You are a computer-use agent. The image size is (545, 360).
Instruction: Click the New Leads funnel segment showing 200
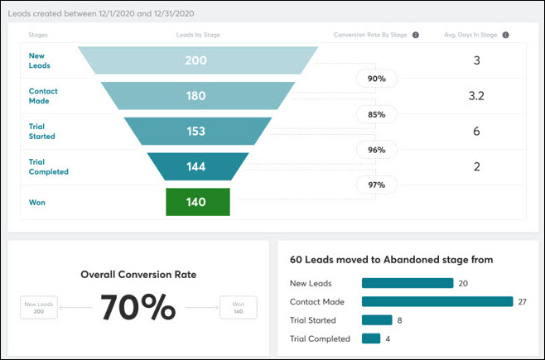coord(197,61)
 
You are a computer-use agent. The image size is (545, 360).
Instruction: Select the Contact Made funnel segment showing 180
coord(197,96)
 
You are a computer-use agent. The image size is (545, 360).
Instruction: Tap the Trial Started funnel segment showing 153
coord(197,131)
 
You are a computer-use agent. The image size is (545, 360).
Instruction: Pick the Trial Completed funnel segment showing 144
coord(197,166)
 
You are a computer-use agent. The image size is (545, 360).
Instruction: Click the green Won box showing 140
coord(197,202)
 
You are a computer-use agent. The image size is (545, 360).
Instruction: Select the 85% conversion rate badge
coord(377,114)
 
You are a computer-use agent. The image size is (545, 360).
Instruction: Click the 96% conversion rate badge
coord(377,150)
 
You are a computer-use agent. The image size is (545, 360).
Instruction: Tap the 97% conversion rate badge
coord(377,185)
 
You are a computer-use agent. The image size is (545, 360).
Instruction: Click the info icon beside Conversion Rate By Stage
coord(416,36)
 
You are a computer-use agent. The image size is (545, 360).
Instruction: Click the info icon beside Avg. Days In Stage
coord(505,36)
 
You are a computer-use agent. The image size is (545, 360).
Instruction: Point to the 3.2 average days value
coord(476,96)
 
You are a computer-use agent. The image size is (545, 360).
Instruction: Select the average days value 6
coord(476,131)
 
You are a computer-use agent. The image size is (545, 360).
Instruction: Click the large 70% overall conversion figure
coord(138,308)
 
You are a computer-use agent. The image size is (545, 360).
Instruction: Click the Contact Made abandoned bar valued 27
coord(437,301)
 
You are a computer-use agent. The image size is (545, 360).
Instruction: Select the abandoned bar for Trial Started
coord(377,319)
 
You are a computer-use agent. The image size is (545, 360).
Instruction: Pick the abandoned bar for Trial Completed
coord(371,338)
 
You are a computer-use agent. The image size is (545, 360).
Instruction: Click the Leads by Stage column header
coord(198,36)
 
